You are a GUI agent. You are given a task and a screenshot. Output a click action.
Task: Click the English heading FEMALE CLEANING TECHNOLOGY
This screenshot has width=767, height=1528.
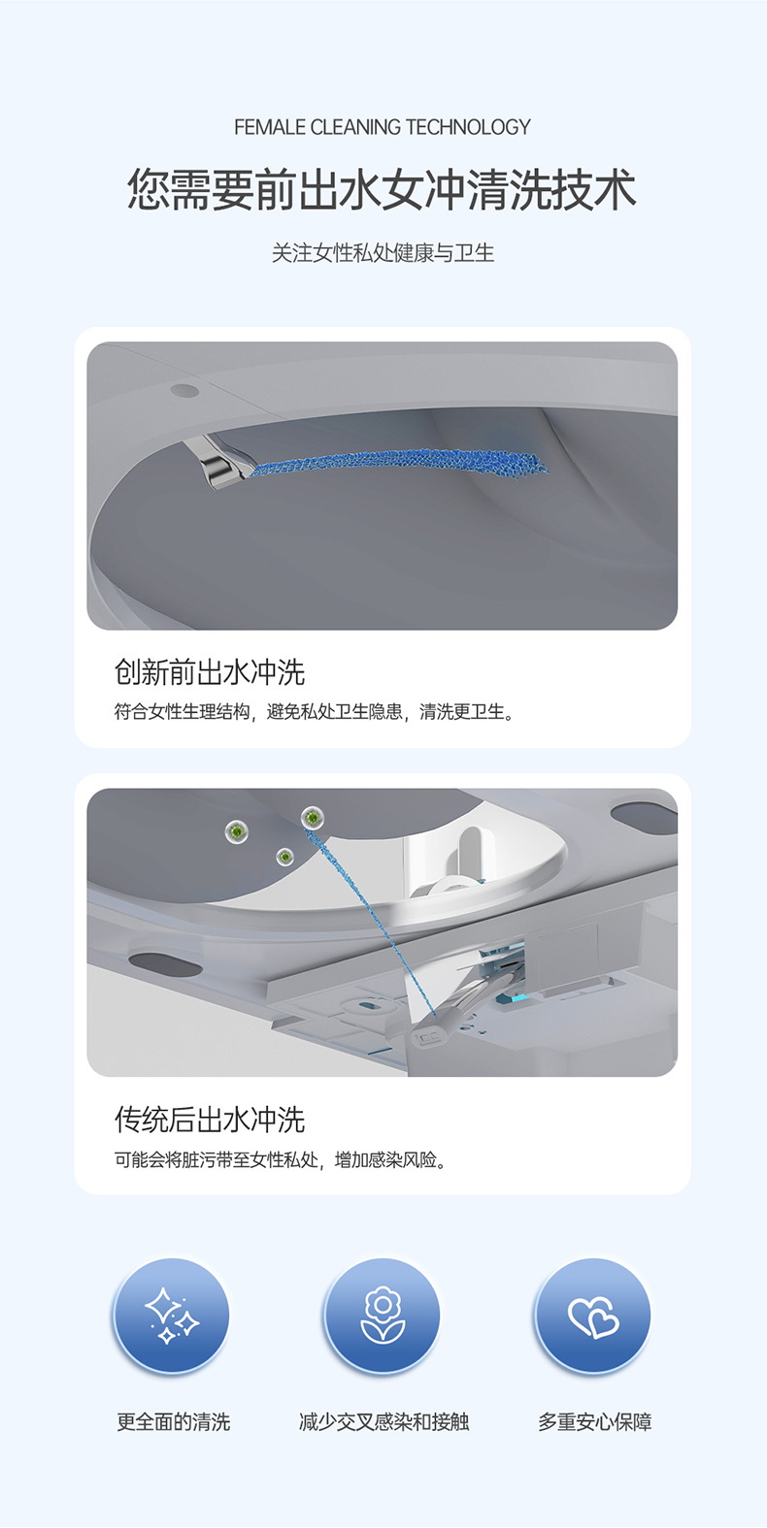pos(383,127)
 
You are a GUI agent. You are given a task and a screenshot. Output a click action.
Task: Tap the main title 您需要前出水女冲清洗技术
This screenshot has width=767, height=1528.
pos(383,189)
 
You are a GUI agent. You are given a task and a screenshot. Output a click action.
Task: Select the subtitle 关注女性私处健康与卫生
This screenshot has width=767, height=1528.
pos(383,253)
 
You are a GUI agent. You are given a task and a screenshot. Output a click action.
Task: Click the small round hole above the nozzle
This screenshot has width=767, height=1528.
pos(184,391)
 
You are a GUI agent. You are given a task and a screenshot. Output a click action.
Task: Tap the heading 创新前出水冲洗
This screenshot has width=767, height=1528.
pos(210,672)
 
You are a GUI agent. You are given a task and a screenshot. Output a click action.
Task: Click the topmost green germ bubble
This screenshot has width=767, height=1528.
pos(312,818)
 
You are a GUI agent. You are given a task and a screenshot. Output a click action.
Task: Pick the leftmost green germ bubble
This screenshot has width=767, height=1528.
pos(236,830)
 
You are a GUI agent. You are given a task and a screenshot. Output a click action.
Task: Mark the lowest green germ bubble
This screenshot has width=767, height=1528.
pos(284,857)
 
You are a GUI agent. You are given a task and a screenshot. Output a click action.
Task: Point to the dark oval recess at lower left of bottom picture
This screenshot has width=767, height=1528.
pos(165,964)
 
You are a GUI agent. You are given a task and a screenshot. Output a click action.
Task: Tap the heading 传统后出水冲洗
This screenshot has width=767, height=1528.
pos(210,1120)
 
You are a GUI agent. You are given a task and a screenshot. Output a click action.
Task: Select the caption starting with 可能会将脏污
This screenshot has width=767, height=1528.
pos(281,1159)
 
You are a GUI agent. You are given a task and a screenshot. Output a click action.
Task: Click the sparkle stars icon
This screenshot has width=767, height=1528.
pos(172,1316)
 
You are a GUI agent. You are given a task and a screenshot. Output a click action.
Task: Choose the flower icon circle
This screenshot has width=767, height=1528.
pos(383,1316)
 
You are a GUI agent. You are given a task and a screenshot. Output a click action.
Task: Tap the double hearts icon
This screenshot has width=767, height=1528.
pos(593,1316)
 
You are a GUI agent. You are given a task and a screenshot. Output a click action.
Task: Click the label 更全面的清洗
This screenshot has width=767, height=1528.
pos(174,1422)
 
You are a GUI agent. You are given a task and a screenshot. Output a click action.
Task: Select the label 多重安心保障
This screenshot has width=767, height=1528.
pos(595,1422)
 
